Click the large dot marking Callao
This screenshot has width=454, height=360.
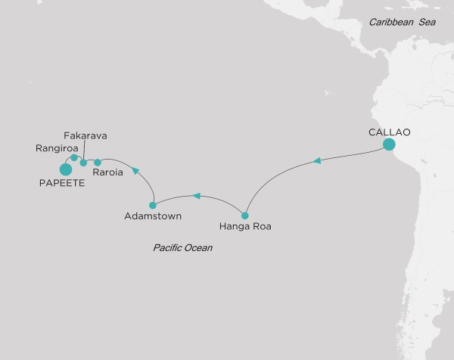point(389,144)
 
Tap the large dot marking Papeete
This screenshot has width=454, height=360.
point(65,169)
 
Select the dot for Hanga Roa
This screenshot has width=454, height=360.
point(244,214)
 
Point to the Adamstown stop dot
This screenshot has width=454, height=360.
point(153,205)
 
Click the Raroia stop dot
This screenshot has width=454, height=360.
point(98,162)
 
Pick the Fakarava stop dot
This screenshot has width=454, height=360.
point(83,163)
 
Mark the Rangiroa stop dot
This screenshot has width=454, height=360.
point(73,158)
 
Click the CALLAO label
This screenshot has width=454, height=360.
point(389,132)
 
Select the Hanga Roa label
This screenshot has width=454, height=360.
point(244,225)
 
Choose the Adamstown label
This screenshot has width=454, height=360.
point(153,216)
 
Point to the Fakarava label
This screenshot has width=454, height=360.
point(86,136)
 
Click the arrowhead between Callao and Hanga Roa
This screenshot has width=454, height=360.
point(318,160)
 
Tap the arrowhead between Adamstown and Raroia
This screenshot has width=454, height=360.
point(135,171)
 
